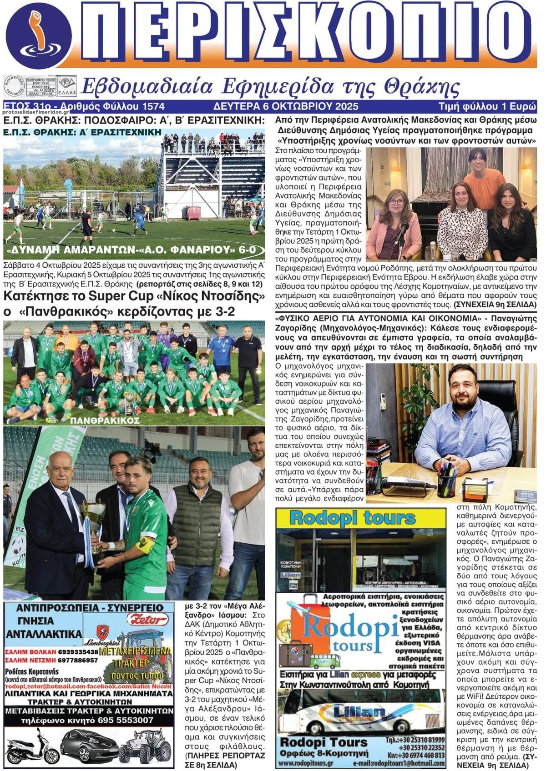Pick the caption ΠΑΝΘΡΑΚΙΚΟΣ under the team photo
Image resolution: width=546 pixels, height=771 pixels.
[105, 421]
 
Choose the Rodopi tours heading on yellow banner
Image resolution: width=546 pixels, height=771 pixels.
[352, 518]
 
